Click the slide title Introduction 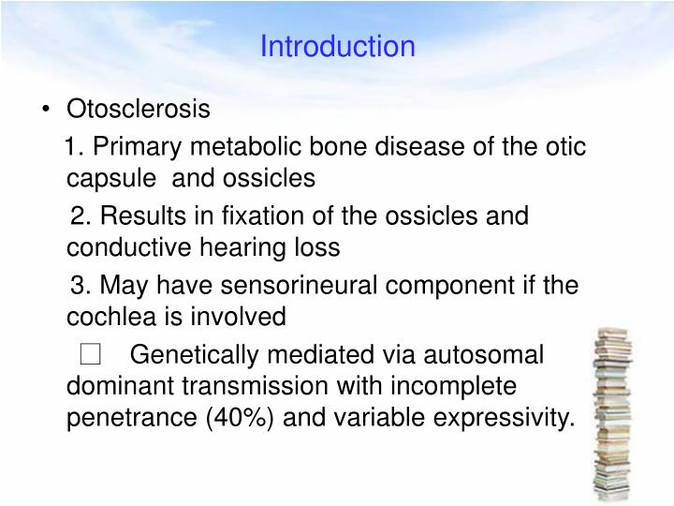(337, 46)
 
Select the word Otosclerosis (139, 110)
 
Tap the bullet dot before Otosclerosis (47, 111)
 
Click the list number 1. (75, 147)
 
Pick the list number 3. (81, 285)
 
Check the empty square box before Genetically (90, 354)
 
